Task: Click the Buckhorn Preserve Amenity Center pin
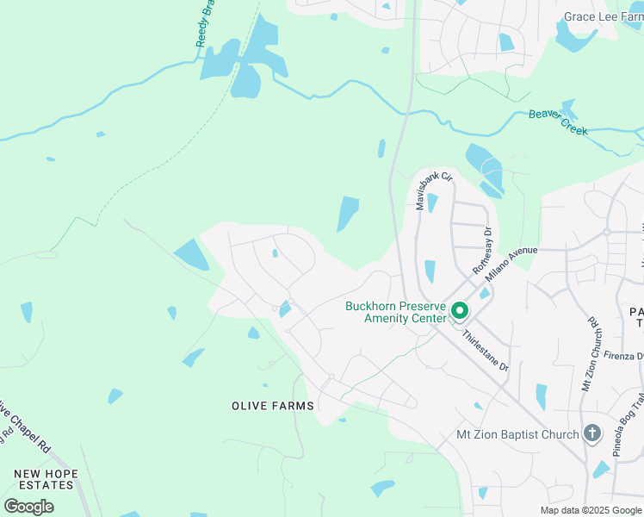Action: [461, 311]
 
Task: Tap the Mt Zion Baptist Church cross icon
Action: [591, 433]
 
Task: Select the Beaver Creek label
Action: [558, 121]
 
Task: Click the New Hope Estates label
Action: [46, 480]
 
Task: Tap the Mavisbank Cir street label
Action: [434, 190]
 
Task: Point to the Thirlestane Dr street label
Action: [485, 351]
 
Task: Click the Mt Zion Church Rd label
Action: [595, 353]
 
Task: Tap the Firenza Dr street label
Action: [623, 356]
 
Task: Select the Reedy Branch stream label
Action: [204, 22]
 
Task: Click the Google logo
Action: [28, 507]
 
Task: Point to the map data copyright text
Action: [591, 510]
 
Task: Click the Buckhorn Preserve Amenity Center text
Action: [395, 312]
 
